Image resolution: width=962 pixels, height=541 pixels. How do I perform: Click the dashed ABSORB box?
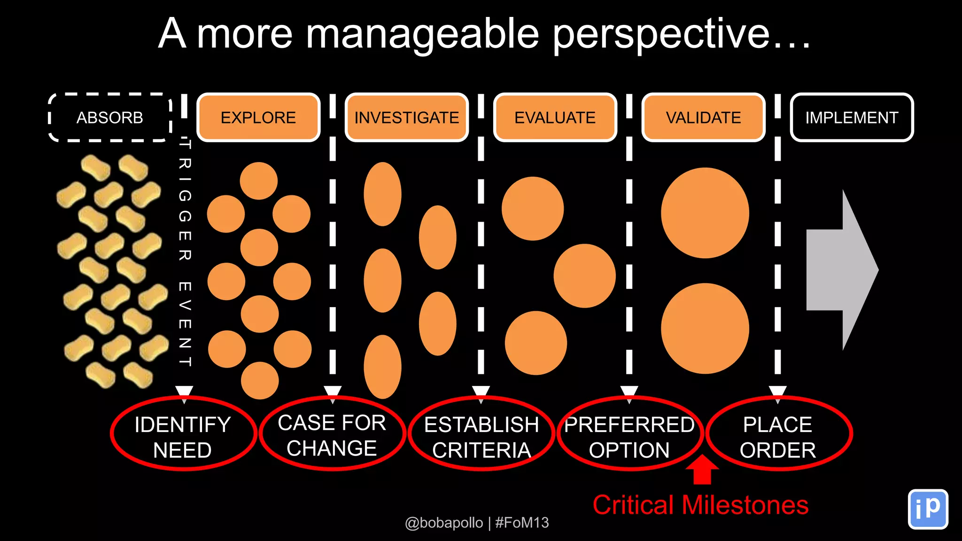(109, 117)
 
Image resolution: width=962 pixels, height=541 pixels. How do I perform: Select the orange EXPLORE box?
(258, 117)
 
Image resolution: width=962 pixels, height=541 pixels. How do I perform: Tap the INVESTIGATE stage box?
(407, 117)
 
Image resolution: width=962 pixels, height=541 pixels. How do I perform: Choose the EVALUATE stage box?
(555, 117)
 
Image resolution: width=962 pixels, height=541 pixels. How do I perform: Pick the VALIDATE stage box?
(703, 117)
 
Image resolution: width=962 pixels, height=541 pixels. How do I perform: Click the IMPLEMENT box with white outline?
(852, 117)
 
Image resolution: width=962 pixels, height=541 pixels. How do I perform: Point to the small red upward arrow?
(702, 470)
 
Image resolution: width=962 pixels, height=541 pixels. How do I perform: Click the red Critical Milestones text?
(700, 505)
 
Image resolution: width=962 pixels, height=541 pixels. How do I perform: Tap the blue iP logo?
(928, 509)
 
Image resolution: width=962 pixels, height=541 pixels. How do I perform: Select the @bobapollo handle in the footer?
(444, 523)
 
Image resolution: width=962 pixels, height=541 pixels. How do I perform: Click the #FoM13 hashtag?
(522, 523)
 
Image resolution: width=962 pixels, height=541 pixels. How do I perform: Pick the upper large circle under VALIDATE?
(705, 213)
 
